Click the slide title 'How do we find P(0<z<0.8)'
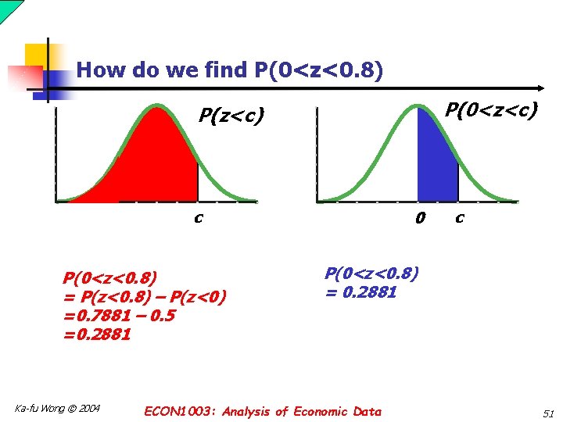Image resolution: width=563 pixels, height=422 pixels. point(230,71)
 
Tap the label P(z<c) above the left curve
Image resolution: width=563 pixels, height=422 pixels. point(231,116)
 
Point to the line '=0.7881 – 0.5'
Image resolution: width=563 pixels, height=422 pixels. point(120,316)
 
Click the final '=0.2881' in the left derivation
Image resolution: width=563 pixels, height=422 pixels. point(98,334)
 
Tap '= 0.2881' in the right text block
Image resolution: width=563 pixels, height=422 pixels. point(361,293)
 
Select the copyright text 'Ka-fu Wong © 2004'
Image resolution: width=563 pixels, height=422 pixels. point(58,408)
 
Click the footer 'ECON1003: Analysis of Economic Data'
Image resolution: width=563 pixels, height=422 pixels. point(263,411)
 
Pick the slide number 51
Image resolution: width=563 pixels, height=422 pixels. point(547,412)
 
